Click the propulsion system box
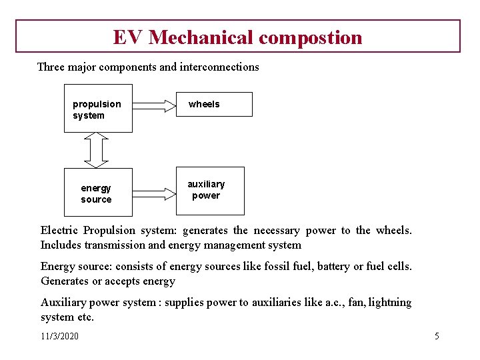pos(97,108)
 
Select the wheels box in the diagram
pos(214,104)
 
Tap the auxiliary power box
pos(210,190)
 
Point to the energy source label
pos(96,194)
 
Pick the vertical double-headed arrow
pos(96,149)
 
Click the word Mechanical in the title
pos(201,37)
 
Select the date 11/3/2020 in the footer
pos(59,336)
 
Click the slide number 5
pos(437,336)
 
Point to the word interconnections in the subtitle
pos(219,67)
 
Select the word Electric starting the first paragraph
pos(59,231)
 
